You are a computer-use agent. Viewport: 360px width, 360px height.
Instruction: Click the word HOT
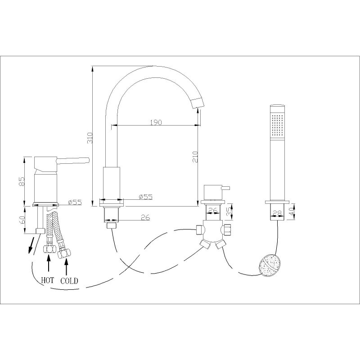47,280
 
